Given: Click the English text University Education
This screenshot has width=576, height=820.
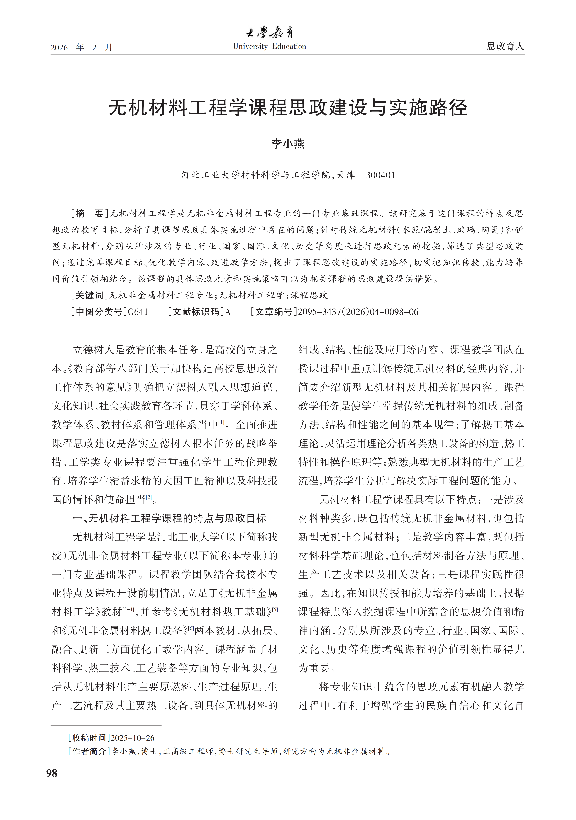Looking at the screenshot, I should click(269, 46).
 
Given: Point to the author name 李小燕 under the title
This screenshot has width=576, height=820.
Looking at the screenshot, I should click(288, 144).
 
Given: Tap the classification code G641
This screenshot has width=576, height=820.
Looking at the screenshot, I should click(138, 312).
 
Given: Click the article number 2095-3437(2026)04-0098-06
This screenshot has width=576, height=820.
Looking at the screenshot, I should click(358, 312).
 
